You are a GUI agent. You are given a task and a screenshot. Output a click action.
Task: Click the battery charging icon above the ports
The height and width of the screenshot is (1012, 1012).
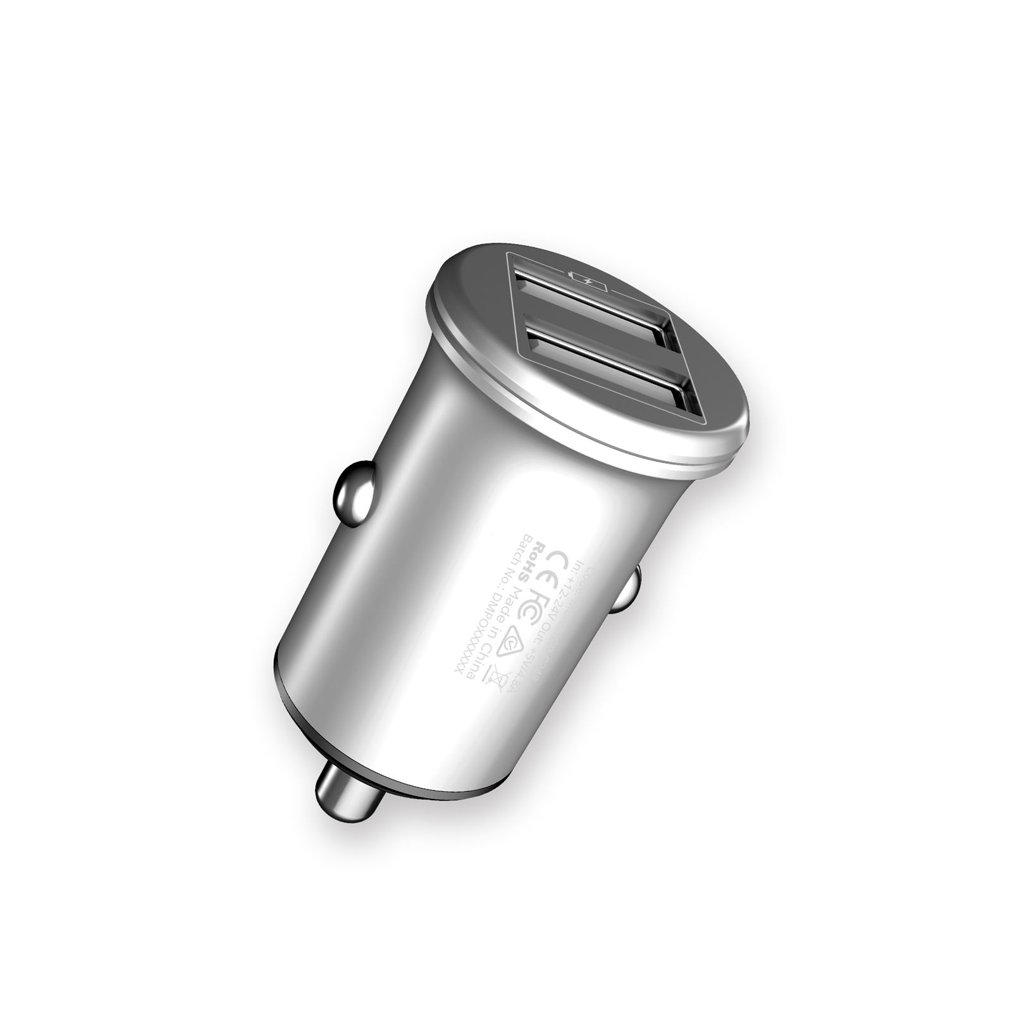(x=585, y=278)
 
